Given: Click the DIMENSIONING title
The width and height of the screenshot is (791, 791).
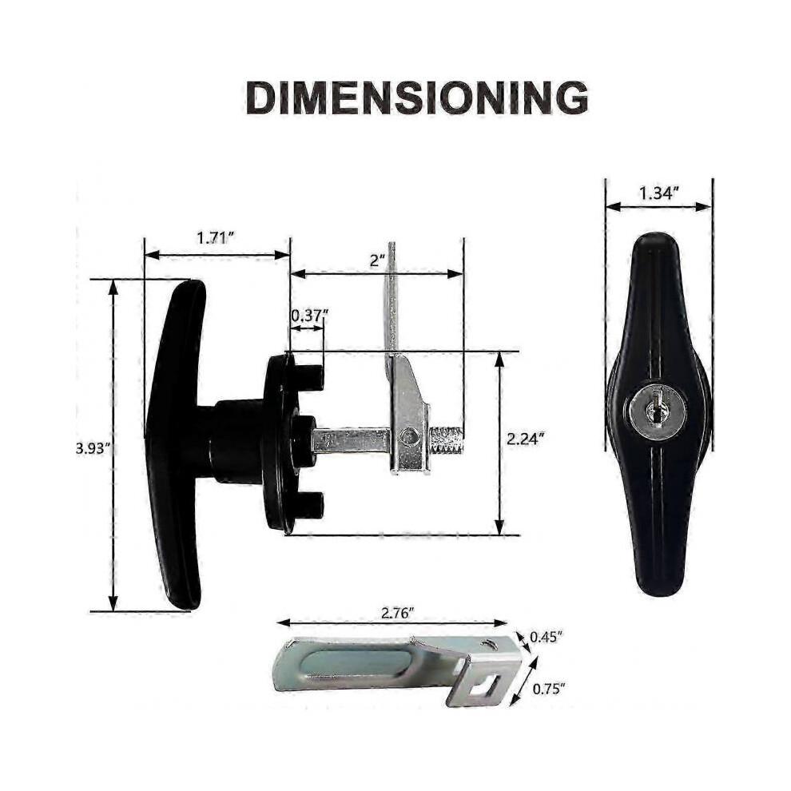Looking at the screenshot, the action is (x=417, y=97).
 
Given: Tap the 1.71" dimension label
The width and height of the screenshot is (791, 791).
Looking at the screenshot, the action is (x=217, y=237).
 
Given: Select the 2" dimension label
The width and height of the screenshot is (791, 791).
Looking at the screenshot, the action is (x=377, y=260).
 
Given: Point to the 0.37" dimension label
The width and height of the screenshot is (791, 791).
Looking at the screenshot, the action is (x=310, y=316).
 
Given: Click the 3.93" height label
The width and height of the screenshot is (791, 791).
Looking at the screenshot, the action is (x=93, y=448).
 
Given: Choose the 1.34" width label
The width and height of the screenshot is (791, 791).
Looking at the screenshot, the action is (x=659, y=193).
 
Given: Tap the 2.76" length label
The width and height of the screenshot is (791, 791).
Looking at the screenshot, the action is (x=398, y=613).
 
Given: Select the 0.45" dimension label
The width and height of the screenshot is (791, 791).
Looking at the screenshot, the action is (x=546, y=637).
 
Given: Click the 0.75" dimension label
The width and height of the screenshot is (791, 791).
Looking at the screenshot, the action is (x=549, y=688).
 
